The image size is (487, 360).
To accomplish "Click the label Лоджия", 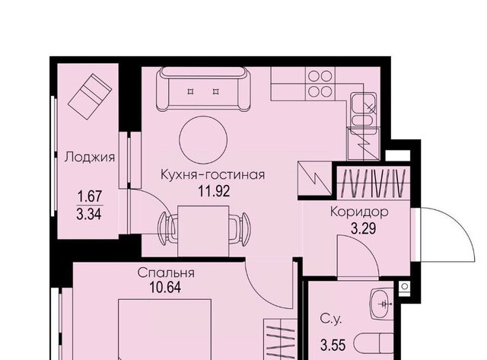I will pyautogui.click(x=90, y=158).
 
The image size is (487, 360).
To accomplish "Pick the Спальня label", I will pyautogui.click(x=166, y=272).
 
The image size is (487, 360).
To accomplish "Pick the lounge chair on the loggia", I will pyautogui.click(x=90, y=95).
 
